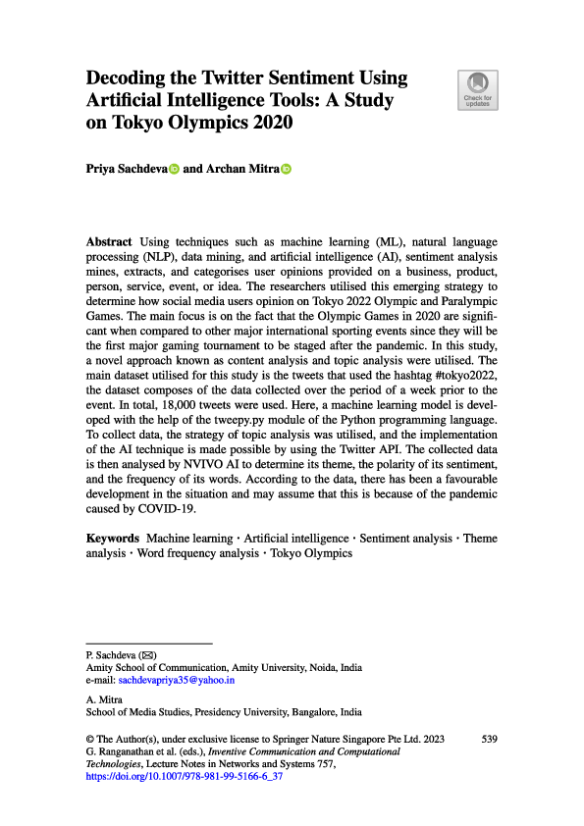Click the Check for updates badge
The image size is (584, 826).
478,89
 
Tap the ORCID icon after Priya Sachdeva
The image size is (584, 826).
175,169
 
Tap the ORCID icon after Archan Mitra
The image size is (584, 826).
287,169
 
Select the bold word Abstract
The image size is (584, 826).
111,241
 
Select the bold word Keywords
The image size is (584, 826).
113,539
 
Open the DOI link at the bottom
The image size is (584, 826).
185,775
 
